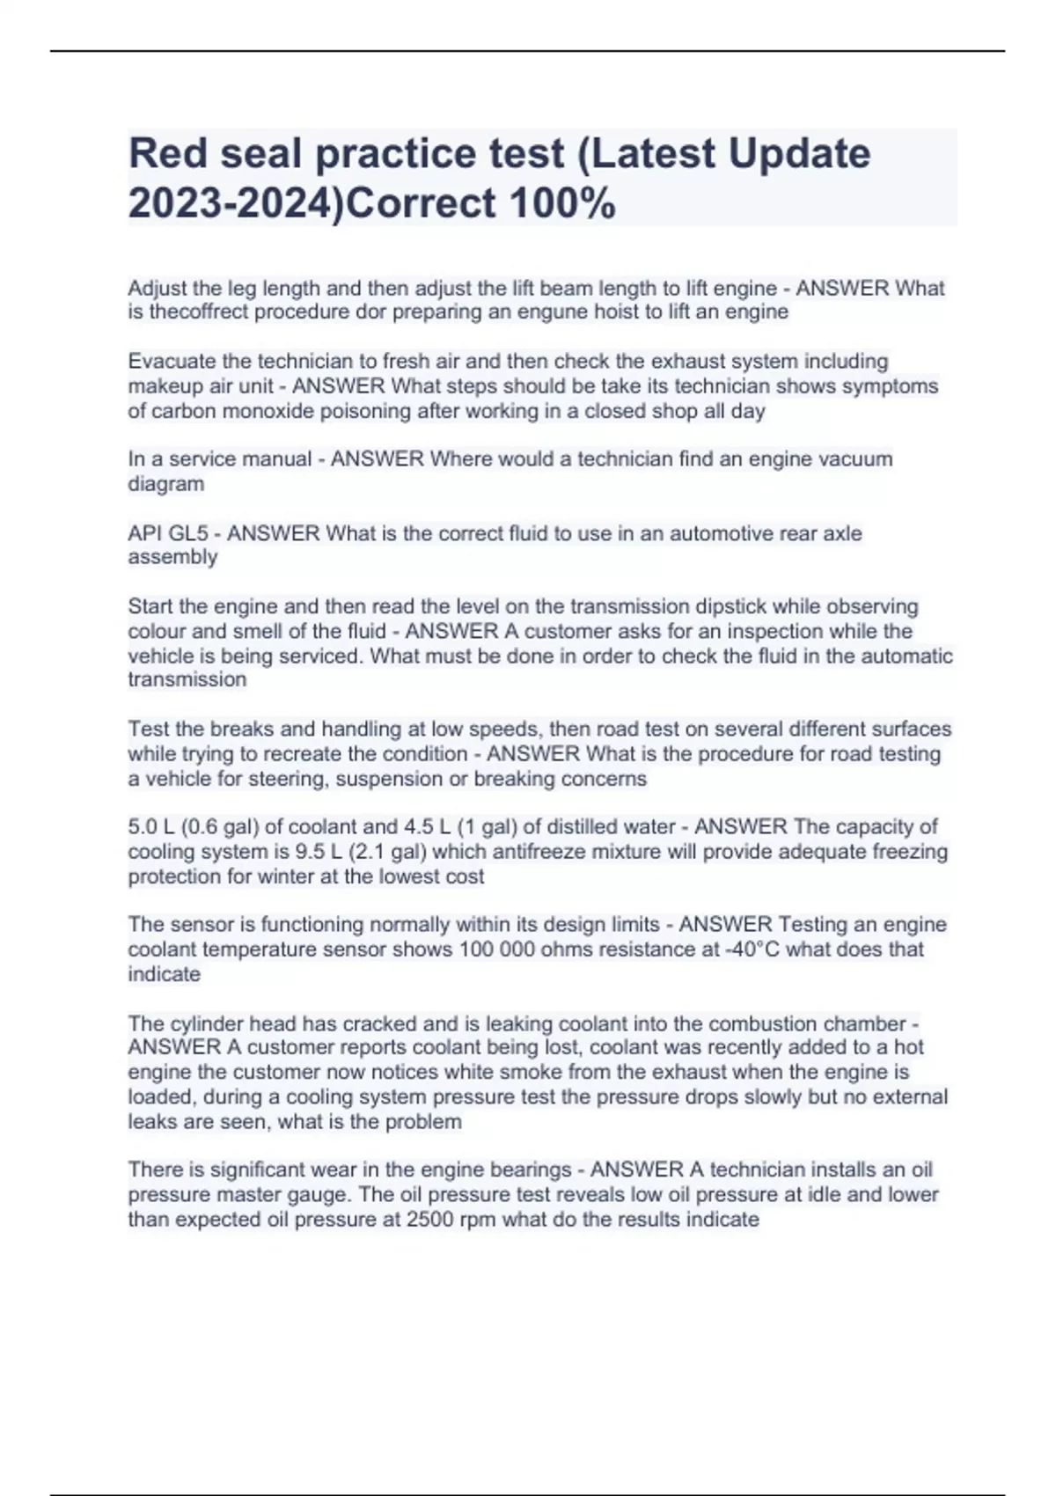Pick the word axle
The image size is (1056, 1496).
[842, 533]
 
